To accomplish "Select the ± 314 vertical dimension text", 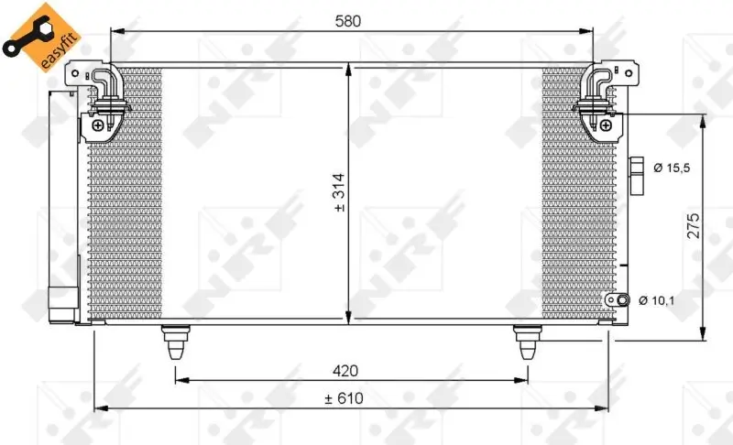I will tap(339, 195).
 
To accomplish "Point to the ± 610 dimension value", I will tap(345, 398).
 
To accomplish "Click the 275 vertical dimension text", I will tap(693, 224).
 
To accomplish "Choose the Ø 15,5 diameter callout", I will tap(673, 168).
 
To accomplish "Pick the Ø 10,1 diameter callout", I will tap(657, 300).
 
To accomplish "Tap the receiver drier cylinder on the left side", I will tap(62, 201).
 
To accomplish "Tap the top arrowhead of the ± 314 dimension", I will tap(349, 68).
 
